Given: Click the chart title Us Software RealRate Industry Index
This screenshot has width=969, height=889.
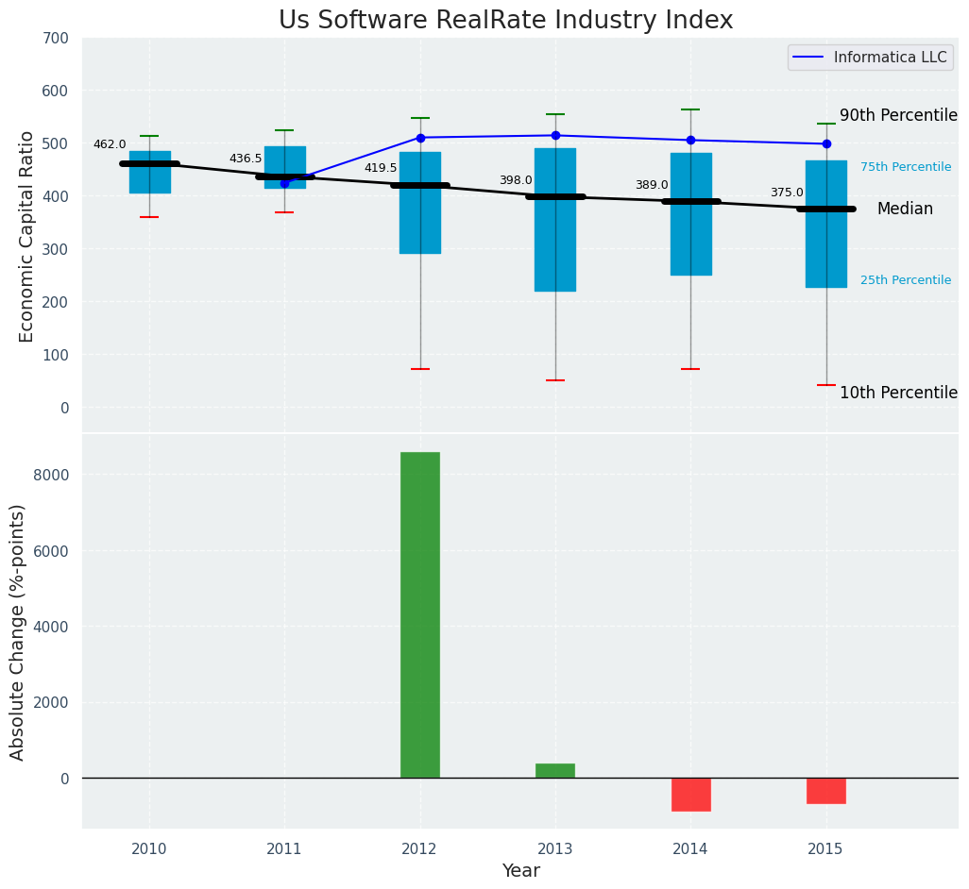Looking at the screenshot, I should [x=505, y=21].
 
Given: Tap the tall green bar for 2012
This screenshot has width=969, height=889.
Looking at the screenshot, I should [x=420, y=614].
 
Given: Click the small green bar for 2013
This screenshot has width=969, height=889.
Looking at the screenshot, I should [x=555, y=771].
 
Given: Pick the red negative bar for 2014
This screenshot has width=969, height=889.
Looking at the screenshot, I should [x=690, y=795].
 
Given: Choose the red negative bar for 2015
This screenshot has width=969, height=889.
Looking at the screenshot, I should [x=826, y=791].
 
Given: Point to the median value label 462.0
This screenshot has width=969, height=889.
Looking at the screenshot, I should [x=110, y=145].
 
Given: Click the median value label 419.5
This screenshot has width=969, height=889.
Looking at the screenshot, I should [x=381, y=169].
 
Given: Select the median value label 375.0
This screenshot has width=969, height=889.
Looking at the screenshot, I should [x=787, y=193].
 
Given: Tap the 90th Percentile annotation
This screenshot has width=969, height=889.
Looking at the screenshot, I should [x=898, y=115].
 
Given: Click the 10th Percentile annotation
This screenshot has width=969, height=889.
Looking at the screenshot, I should [x=898, y=393].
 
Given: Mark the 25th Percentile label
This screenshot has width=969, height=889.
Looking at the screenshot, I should [x=906, y=280].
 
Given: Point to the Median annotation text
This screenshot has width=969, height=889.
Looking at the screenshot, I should [x=905, y=210].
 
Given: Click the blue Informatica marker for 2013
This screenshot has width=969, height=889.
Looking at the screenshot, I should [x=555, y=136].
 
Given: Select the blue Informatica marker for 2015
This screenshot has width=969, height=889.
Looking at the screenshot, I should [x=826, y=143].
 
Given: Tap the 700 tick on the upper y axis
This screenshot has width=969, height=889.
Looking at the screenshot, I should [x=56, y=39].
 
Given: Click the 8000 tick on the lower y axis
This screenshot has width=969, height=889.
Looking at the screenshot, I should [x=51, y=475].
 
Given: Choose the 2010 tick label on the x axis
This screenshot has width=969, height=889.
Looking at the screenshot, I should [x=149, y=849].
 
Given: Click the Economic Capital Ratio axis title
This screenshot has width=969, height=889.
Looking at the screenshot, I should [x=27, y=236].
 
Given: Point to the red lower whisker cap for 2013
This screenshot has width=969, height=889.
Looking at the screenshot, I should [x=555, y=380].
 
